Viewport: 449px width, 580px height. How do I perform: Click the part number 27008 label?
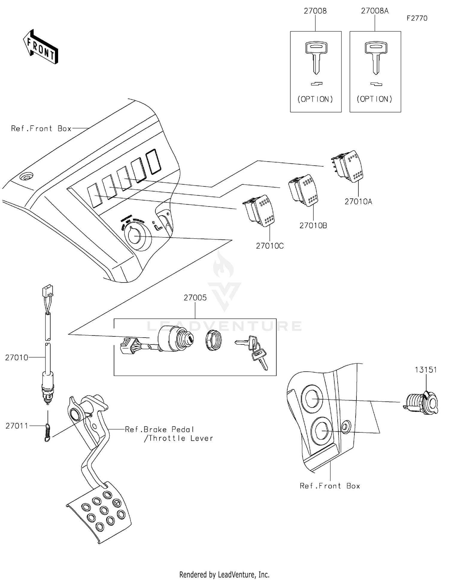tap(315, 11)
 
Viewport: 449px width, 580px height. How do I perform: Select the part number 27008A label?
tap(374, 11)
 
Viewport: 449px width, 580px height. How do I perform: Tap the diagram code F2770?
tap(417, 18)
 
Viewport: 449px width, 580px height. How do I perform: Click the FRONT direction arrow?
tap(41, 47)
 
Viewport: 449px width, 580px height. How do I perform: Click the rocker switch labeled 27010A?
tap(349, 166)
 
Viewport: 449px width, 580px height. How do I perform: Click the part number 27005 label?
tap(195, 298)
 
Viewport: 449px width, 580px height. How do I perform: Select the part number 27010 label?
tap(16, 357)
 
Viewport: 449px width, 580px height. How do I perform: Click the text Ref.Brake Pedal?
tap(159, 429)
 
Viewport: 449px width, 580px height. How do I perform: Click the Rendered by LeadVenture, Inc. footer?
tap(224, 574)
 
